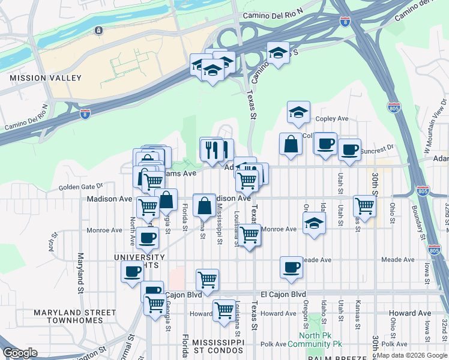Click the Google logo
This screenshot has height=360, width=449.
[x=20, y=353]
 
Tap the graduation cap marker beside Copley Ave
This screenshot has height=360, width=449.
[x=298, y=112]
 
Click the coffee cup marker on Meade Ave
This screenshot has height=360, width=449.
[x=291, y=267]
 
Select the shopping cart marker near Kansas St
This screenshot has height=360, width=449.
[x=364, y=206]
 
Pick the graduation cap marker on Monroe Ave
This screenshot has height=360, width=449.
[x=314, y=224]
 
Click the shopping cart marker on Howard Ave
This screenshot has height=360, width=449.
[x=224, y=310]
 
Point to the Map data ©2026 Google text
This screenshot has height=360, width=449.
[x=412, y=355]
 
